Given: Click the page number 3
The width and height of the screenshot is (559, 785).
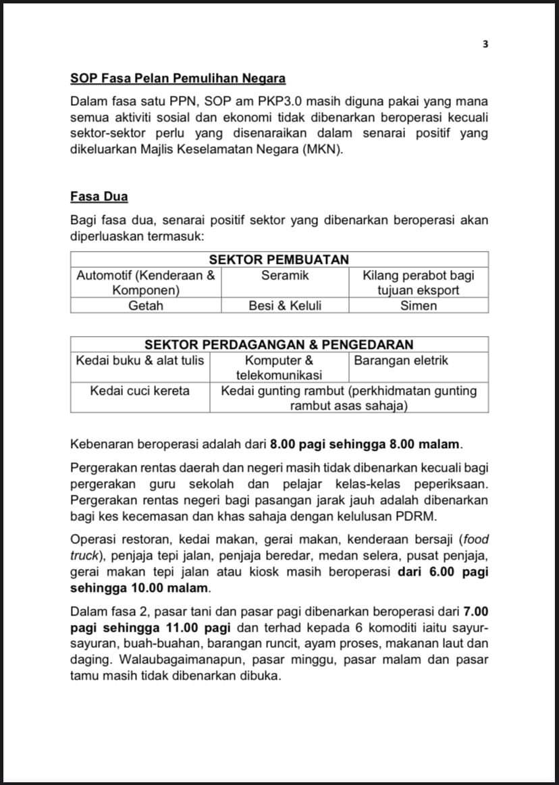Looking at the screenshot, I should pos(485,45).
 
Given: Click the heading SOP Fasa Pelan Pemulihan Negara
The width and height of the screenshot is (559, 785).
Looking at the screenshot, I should pos(178,79).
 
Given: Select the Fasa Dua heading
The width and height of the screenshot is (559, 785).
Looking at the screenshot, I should pos(99,197).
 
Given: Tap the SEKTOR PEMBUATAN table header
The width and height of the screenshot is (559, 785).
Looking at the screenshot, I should pos(279,259).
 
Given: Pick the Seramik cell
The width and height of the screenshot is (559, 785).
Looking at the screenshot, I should pos(285,275).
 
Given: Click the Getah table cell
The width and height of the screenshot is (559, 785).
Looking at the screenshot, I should pos(146,306).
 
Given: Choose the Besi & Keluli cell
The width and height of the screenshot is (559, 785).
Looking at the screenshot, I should pos(285,306).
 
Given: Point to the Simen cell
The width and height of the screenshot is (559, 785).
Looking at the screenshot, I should pos(419,306).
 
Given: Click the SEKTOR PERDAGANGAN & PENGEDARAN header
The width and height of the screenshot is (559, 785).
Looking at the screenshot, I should pos(279,345).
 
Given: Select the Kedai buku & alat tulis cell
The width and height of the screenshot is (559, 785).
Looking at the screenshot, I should pos(140,360).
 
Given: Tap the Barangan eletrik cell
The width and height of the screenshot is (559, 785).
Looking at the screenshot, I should pos(401,360).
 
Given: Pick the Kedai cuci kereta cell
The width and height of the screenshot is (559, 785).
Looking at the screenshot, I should pos(140,391).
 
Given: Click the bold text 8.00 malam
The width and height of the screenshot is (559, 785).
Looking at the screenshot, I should pos(428,444).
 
